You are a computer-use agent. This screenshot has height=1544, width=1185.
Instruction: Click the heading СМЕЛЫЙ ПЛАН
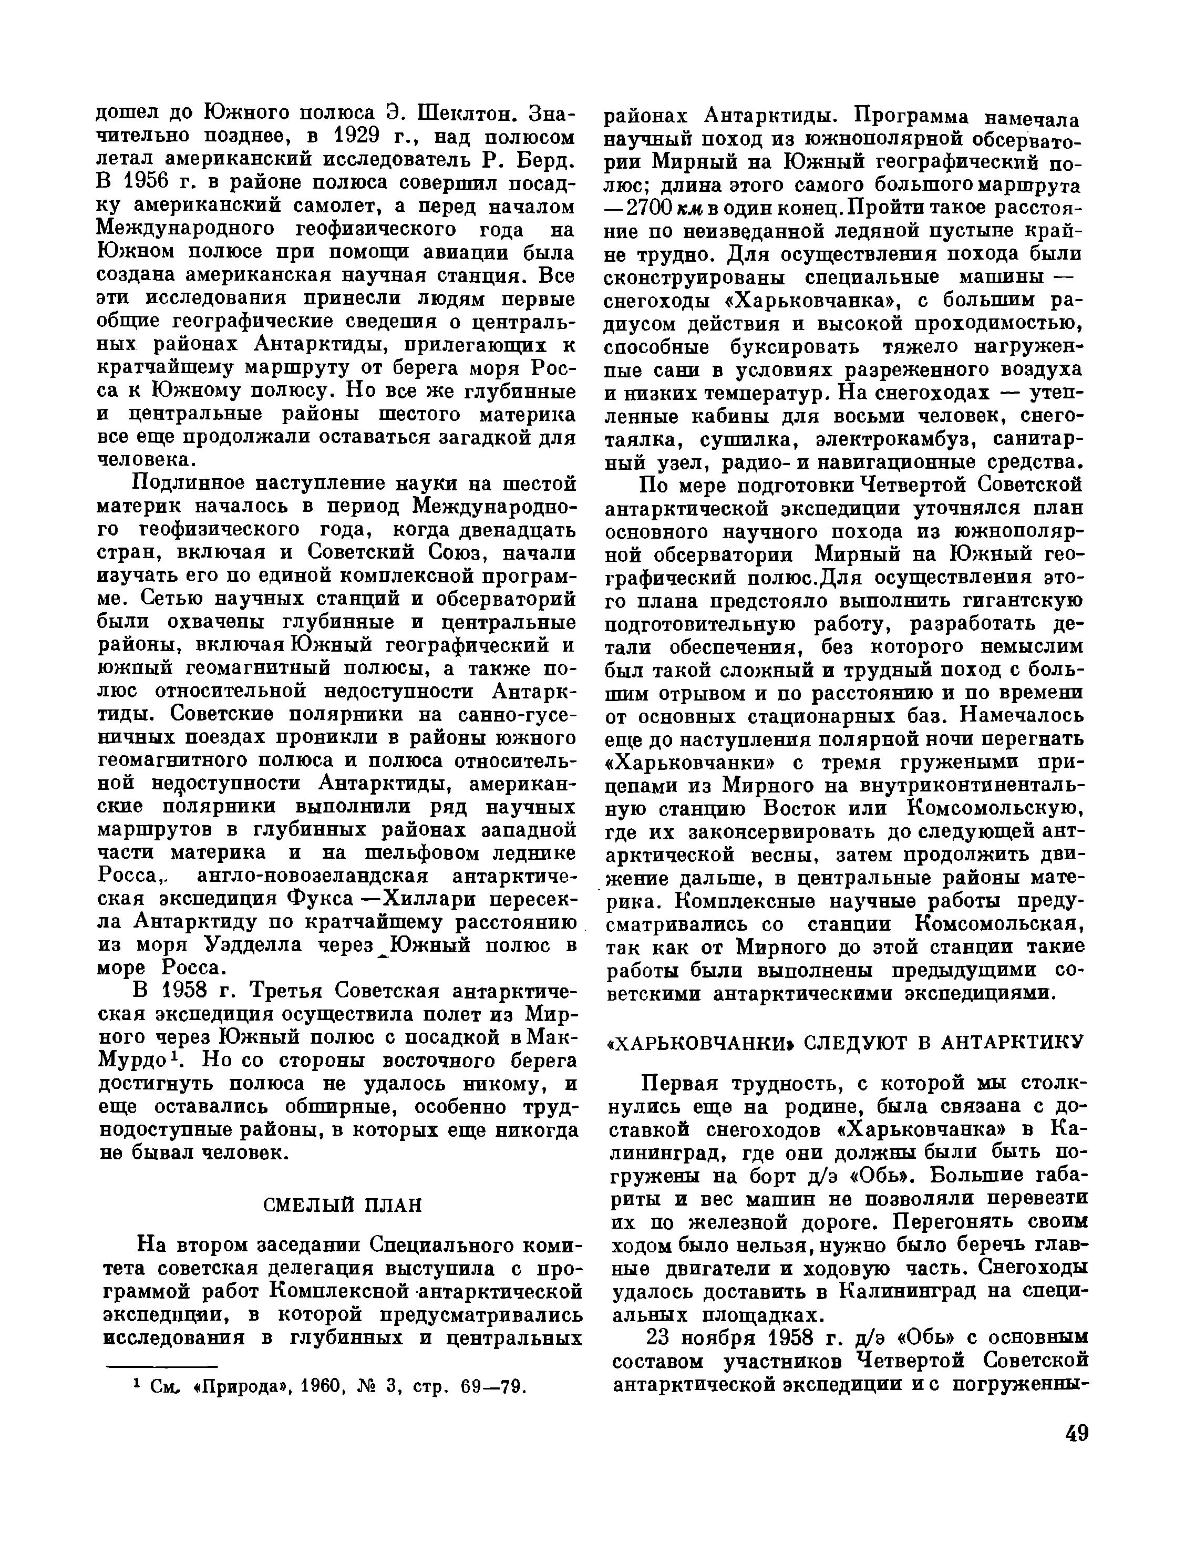coord(342,1205)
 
